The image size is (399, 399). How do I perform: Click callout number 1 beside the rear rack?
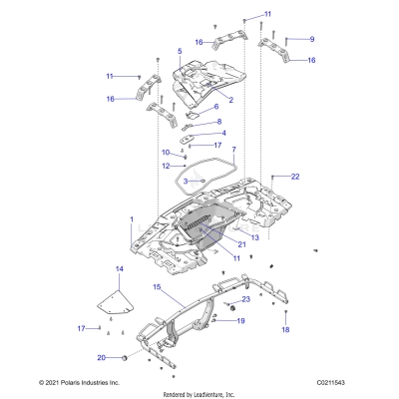point(132,218)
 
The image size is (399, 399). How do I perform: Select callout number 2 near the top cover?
point(230,100)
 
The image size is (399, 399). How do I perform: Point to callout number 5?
point(179,50)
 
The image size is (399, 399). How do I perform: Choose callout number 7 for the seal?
point(233,151)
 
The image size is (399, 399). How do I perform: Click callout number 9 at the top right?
point(311,39)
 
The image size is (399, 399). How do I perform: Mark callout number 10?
point(168,152)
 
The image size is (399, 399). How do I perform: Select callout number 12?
point(168,166)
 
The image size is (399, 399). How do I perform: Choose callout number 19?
point(239,320)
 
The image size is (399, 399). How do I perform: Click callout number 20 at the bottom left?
point(100,357)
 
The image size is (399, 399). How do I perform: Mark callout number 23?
point(245,299)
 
